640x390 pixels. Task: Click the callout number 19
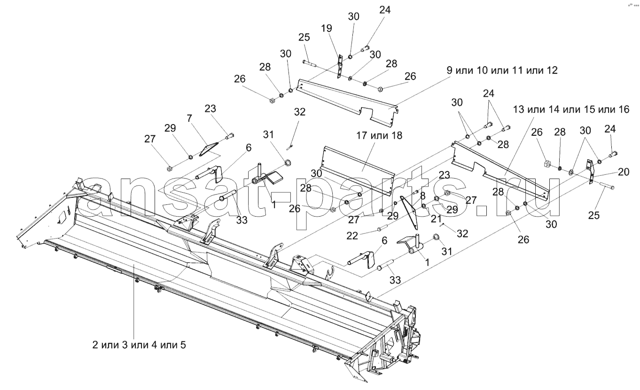tap(326, 28)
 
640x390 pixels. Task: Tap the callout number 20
tap(624, 172)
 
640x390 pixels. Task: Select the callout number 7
tap(189, 118)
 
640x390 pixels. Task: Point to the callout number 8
tap(422, 196)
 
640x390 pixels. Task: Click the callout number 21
tap(436, 219)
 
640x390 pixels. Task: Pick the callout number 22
tap(352, 236)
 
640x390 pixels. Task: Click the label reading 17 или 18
tap(379, 135)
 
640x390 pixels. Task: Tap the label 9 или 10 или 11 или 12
tap(502, 70)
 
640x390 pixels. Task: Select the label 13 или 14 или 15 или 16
tap(571, 109)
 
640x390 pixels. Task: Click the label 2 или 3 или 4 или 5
tap(139, 345)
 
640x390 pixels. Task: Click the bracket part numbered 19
tap(339, 67)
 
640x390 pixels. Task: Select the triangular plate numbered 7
tap(208, 149)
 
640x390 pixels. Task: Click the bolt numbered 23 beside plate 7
tap(229, 136)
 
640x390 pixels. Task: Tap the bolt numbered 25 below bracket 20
tap(606, 186)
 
